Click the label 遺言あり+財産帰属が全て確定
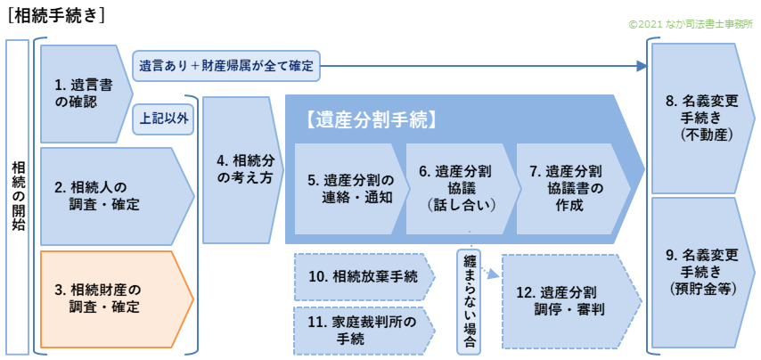point(226,65)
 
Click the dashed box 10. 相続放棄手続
point(362,277)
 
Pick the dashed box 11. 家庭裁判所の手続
point(362,331)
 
